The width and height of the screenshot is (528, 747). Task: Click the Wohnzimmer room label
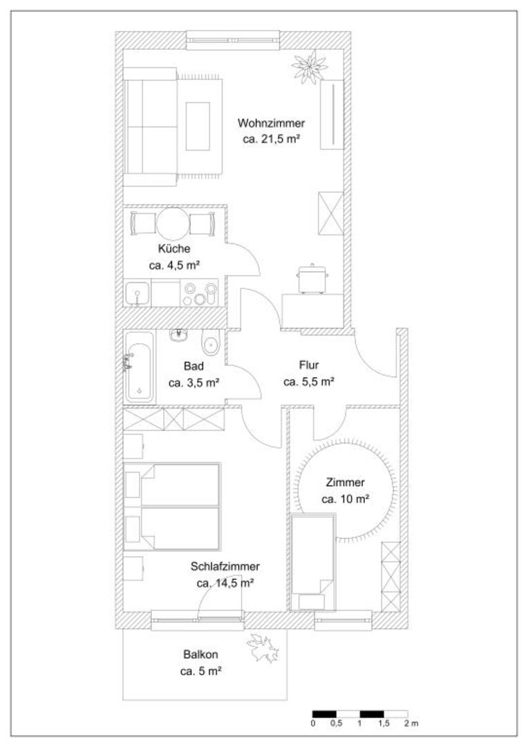tap(271, 123)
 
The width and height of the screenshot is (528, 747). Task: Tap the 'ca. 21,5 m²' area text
tap(271, 140)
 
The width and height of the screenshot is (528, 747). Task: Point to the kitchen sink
tap(137, 293)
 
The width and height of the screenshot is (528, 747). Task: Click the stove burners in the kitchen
tap(199, 293)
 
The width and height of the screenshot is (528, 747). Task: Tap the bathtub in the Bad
tap(139, 367)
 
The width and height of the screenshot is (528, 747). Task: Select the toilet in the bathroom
tap(210, 342)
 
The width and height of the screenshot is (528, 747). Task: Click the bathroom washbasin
tap(178, 335)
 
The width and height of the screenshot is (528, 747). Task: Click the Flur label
tap(309, 365)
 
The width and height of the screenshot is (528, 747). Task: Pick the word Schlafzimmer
tap(225, 566)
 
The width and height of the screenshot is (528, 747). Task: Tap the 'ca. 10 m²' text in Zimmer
tap(346, 499)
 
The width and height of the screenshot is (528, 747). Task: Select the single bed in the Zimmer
tap(313, 562)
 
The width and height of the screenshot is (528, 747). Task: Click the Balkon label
tap(200, 654)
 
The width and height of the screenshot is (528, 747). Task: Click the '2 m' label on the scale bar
tap(411, 723)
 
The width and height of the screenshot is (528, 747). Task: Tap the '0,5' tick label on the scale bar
tap(336, 723)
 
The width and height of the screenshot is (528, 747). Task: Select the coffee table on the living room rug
tap(198, 127)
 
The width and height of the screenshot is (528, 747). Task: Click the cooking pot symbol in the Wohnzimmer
tap(312, 279)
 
